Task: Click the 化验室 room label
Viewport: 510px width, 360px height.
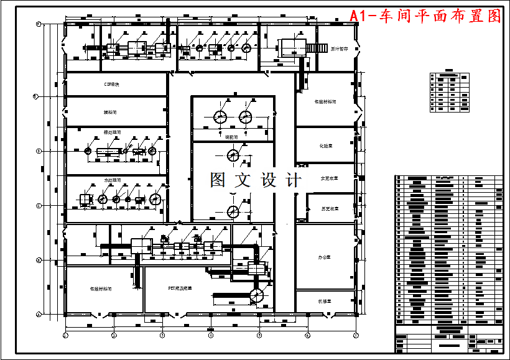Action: (x=325, y=146)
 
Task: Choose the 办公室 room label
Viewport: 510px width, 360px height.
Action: (x=325, y=256)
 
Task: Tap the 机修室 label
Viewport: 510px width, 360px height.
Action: (x=325, y=301)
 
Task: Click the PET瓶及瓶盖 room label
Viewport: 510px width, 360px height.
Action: (x=180, y=288)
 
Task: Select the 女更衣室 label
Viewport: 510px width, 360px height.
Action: (x=329, y=178)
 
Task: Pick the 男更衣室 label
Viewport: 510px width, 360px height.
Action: (x=330, y=208)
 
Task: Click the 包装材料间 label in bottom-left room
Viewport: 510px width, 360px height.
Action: (x=100, y=288)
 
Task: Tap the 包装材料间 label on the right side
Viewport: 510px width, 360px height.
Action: (x=325, y=101)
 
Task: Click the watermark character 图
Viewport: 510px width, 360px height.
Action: (x=218, y=180)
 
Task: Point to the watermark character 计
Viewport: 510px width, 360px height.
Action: (x=292, y=180)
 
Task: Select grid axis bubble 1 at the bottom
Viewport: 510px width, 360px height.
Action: (x=65, y=336)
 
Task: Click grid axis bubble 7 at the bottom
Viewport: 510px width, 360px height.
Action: (x=355, y=336)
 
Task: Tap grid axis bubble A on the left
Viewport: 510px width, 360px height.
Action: (x=39, y=315)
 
